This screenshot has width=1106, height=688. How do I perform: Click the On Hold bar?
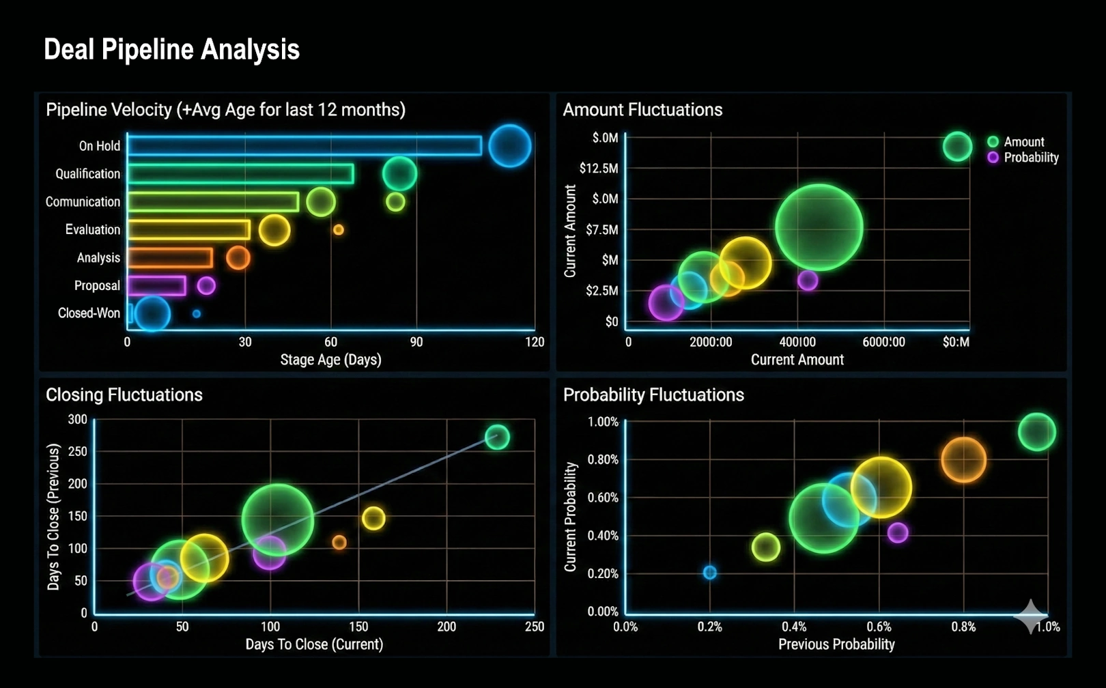click(304, 145)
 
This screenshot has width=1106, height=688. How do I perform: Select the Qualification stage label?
click(87, 174)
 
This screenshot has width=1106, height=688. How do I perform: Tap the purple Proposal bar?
click(156, 286)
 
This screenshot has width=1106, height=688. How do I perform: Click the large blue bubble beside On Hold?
click(509, 146)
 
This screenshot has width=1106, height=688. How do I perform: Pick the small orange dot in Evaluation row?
click(338, 230)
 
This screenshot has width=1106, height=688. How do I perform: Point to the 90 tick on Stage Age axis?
click(416, 342)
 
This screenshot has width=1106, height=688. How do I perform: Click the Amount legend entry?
click(1023, 142)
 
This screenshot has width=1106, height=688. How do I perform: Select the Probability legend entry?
click(1030, 158)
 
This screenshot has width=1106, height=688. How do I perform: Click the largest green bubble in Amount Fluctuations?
click(819, 227)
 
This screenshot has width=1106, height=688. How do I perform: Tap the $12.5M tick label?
click(598, 168)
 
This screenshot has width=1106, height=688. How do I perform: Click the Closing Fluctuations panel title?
click(124, 395)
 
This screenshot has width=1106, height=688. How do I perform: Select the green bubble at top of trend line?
click(497, 437)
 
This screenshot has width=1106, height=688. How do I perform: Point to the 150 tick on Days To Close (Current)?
click(358, 627)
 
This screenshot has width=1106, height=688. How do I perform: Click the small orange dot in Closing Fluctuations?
click(339, 543)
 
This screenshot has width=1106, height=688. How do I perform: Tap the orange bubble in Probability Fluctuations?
click(963, 460)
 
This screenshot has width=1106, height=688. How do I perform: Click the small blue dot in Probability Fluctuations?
click(710, 573)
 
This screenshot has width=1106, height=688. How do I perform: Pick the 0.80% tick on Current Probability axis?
click(602, 460)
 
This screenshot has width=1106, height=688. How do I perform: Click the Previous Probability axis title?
click(836, 644)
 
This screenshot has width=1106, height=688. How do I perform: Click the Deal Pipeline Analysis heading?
click(171, 50)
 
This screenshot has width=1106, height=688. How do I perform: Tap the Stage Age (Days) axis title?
click(330, 360)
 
